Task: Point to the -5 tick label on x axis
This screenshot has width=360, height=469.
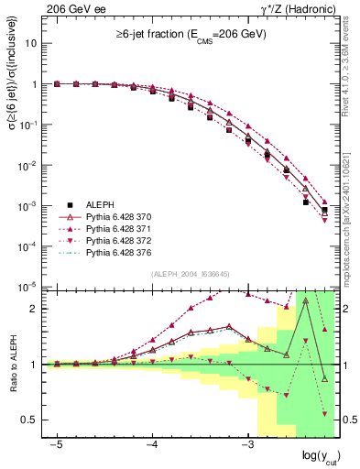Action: pos(57,444)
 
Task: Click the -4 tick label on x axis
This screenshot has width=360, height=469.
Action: pos(152,444)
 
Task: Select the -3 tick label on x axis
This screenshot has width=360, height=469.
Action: pos(247,444)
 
